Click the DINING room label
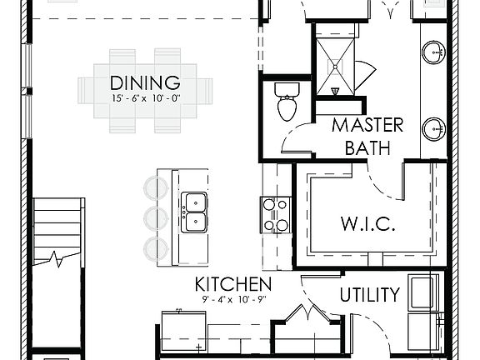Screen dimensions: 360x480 (x=145, y=82)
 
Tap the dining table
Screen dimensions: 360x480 (x=138, y=90)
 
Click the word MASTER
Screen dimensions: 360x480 (x=367, y=126)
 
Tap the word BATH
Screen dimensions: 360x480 (x=367, y=148)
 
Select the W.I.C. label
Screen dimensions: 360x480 (x=366, y=224)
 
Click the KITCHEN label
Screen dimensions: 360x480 (x=233, y=284)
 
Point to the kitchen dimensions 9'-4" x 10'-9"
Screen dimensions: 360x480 (x=233, y=299)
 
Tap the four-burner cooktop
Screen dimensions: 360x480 (x=277, y=214)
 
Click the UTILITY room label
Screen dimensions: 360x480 (x=369, y=294)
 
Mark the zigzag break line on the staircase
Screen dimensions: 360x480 (x=57, y=259)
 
